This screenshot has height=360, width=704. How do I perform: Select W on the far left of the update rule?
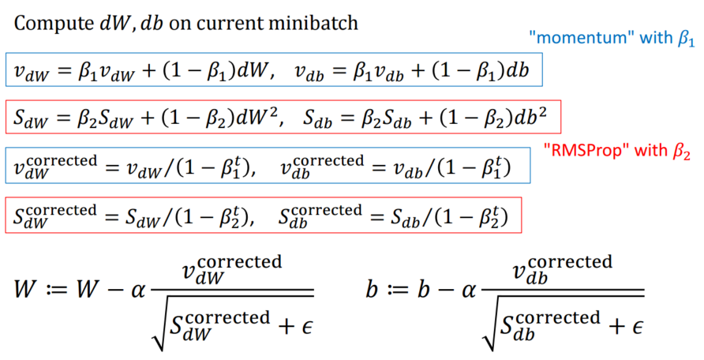(x=26, y=290)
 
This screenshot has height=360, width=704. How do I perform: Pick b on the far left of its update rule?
(x=372, y=290)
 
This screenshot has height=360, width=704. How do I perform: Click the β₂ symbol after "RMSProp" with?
(x=680, y=152)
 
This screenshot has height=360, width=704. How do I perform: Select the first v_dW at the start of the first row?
(x=30, y=72)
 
